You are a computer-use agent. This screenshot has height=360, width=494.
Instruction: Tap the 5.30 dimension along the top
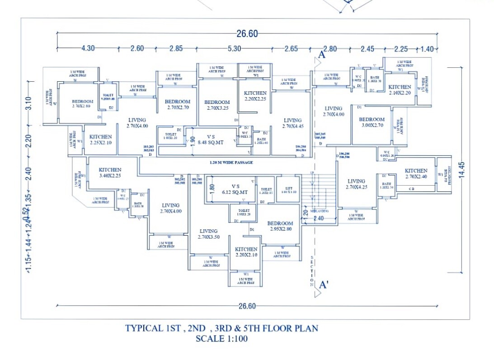[234, 49]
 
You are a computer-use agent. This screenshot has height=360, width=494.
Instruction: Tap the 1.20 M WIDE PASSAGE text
[231, 162]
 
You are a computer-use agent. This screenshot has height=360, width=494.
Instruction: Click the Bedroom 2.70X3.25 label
[217, 105]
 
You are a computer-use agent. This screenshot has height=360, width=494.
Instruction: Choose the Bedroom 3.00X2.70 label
[372, 122]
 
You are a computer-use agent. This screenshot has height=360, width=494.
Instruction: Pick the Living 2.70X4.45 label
[292, 123]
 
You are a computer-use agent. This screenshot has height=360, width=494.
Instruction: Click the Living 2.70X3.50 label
[208, 234]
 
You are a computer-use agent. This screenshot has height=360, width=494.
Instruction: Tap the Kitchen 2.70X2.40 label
[416, 173]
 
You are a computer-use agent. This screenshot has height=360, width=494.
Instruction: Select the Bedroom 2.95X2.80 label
[280, 226]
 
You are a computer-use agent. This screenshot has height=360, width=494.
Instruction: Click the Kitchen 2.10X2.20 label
[400, 89]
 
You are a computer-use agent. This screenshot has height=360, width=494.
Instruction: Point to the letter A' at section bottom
[324, 285]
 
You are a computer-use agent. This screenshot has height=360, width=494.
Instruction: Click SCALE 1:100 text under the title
[221, 338]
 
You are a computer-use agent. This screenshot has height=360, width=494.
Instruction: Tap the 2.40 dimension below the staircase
[319, 218]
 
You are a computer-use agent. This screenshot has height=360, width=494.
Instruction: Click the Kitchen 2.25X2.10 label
[100, 140]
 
